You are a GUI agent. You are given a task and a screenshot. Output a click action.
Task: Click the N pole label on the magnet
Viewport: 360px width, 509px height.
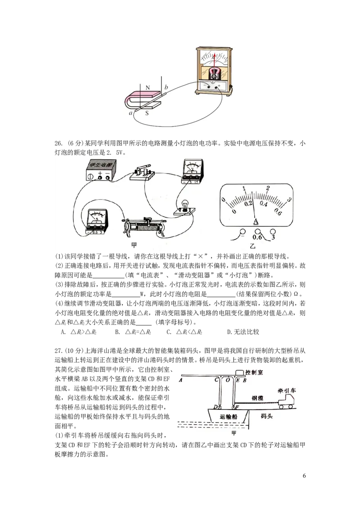(x=148, y=88)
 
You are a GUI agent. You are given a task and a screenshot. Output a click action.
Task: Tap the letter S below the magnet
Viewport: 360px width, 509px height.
(x=147, y=113)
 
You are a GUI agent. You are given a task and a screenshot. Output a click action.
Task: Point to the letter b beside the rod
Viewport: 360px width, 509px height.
(x=166, y=87)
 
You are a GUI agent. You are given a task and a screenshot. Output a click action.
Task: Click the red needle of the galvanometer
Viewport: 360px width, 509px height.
(x=215, y=63)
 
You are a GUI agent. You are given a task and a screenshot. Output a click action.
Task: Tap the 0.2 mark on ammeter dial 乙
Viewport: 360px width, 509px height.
(x=248, y=203)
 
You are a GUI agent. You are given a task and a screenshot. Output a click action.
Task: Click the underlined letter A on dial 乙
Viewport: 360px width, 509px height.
(x=256, y=222)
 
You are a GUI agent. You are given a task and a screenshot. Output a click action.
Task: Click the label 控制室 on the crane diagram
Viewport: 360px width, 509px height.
(x=254, y=372)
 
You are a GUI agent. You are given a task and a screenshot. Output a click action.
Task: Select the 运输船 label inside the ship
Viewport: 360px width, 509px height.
(x=229, y=416)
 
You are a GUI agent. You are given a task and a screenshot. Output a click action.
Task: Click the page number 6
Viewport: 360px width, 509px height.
(x=304, y=476)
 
